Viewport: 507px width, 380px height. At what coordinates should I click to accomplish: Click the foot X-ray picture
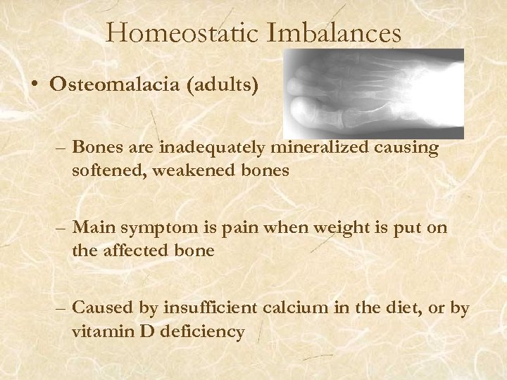coord(376,94)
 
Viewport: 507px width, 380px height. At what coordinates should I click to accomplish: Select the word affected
coord(138,250)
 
